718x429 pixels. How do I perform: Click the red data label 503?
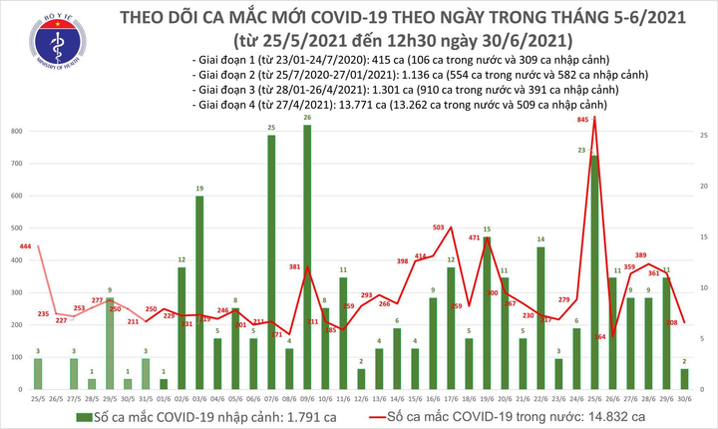point(439,228)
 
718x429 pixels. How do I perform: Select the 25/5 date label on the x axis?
point(38,397)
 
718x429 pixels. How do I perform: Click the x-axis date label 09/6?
point(307,397)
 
